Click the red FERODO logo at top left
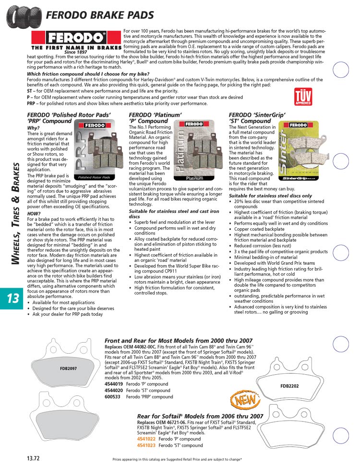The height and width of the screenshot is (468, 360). click(x=75, y=37)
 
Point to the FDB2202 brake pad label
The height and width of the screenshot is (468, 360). click(x=289, y=385)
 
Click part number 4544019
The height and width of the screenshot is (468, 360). click(x=113, y=384)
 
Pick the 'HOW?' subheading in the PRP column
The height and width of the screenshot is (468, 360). click(x=34, y=213)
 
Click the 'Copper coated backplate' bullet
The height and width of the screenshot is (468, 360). click(x=259, y=229)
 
